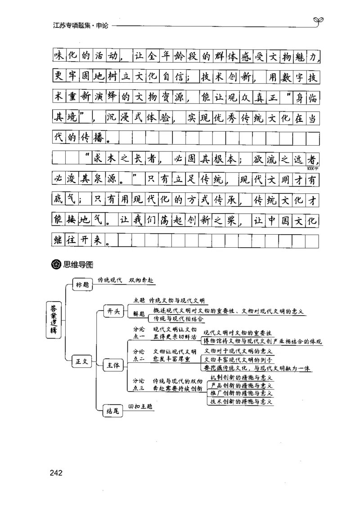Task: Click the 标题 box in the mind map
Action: (x=82, y=284)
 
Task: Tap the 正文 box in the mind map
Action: (x=82, y=360)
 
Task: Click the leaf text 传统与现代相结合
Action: (x=179, y=319)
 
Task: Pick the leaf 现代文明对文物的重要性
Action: (x=237, y=333)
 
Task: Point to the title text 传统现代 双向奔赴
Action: (x=126, y=280)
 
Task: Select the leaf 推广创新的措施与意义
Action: (x=241, y=393)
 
